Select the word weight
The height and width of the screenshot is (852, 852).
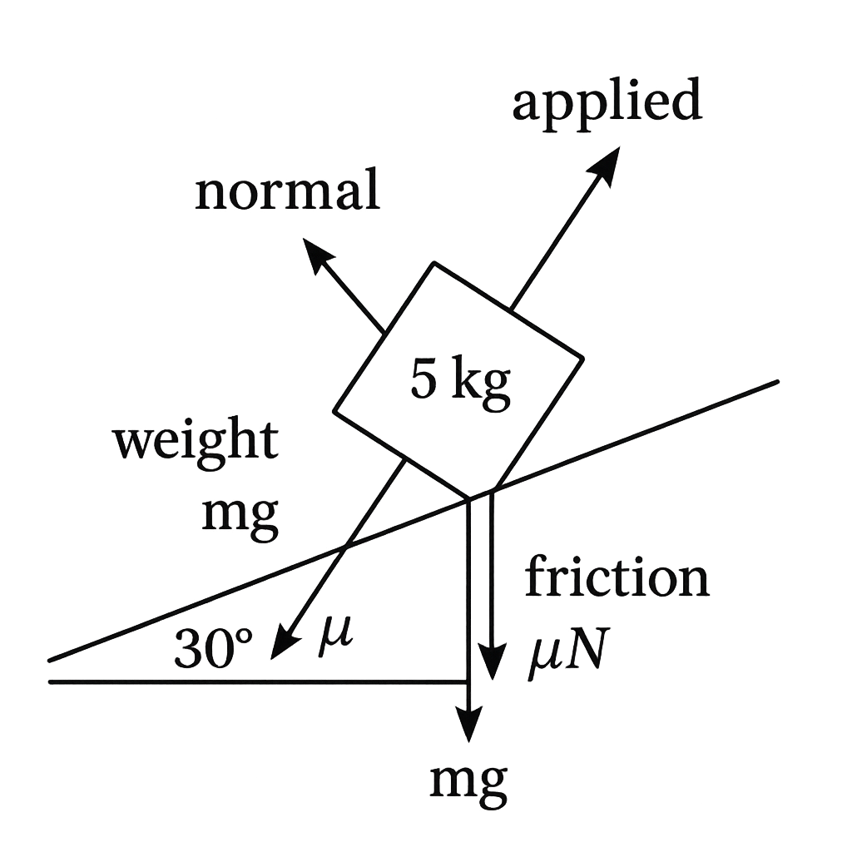tap(196, 443)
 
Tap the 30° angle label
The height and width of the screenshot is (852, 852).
tap(214, 650)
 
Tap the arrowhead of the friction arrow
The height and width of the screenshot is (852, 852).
tap(493, 660)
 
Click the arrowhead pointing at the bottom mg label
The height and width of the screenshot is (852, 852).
tap(468, 723)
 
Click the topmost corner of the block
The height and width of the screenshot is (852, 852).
tap(433, 263)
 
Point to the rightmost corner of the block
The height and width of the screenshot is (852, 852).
tap(582, 358)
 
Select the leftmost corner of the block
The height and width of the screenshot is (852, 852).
tap(334, 411)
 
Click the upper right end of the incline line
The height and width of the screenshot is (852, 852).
tap(777, 381)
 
